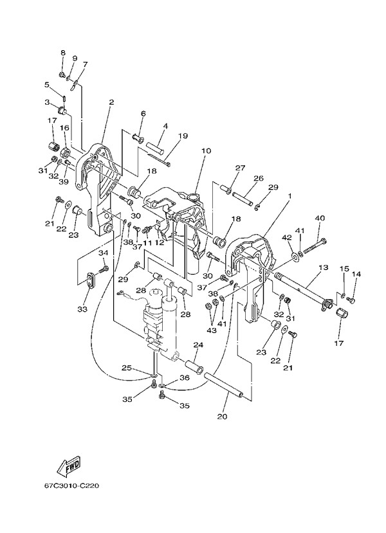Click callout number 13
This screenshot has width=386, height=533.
point(322,266)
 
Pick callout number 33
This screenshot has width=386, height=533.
point(82,309)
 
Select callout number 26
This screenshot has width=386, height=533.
point(258,178)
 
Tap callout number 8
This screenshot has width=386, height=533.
point(63,52)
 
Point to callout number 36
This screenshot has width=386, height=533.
point(185,378)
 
